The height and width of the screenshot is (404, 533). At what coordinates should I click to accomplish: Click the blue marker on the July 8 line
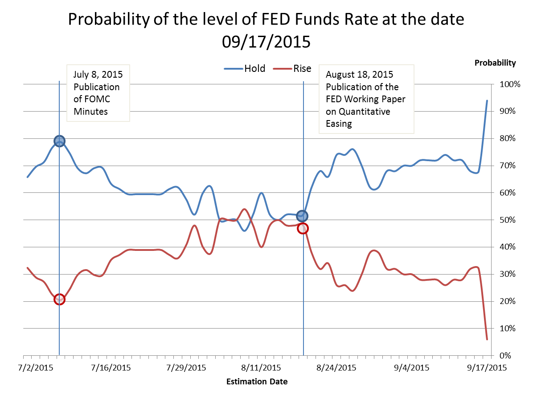59,141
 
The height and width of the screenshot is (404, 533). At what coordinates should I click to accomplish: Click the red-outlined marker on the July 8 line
59,299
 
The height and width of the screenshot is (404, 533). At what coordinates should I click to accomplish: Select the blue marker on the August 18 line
302,216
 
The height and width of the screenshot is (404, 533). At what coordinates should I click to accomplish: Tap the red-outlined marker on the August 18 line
303,228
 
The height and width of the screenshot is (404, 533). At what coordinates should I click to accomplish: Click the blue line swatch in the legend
234,69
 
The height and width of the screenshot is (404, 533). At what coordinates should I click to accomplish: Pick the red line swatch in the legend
282,69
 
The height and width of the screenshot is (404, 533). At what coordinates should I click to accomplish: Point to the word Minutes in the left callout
90,112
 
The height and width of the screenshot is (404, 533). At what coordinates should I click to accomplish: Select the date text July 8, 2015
98,74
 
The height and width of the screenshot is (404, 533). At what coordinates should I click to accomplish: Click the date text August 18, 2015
359,74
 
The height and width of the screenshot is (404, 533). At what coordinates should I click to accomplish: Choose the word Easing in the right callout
339,124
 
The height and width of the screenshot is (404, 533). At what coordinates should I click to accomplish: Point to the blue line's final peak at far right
487,100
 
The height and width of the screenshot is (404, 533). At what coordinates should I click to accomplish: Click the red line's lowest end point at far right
487,340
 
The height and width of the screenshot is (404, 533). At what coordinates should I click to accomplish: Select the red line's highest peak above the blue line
244,209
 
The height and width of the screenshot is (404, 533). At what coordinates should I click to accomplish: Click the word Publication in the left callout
96,87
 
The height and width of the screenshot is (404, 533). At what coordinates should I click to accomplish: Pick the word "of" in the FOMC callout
78,99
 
